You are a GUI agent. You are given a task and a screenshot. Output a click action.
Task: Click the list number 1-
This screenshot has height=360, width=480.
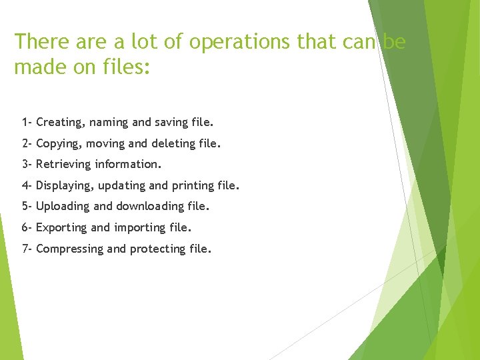pos(27,122)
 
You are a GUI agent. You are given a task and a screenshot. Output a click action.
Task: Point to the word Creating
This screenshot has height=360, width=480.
pos(61,123)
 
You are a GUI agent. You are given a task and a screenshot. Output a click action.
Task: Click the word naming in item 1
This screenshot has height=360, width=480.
pos(109,123)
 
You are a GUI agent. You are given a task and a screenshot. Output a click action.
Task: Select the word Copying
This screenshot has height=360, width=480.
pos(59,144)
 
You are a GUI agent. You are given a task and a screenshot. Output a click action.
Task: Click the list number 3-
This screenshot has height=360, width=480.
pos(27,164)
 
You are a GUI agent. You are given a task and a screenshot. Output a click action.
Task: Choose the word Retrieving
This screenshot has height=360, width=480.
pos(63,165)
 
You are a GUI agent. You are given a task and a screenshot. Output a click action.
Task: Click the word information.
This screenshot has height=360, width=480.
pos(128,164)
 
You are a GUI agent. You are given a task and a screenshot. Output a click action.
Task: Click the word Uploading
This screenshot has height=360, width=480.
pos(62,207)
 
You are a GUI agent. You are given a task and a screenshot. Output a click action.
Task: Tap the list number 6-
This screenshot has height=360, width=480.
pos(27,227)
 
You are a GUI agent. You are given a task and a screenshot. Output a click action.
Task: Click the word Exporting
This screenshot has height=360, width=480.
pos(61,228)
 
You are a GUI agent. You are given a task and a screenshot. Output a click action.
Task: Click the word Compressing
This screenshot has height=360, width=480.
pos(69,249)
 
